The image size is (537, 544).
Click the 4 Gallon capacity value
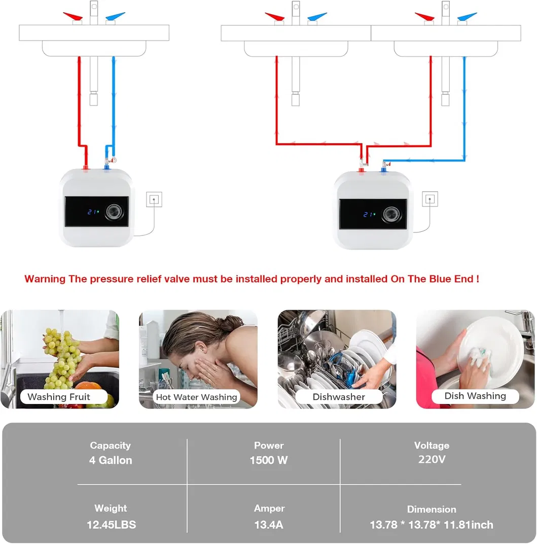(x=111, y=460)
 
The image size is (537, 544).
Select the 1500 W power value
(x=269, y=460)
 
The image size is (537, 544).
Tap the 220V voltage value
(x=432, y=459)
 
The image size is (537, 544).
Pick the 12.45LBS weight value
(x=111, y=524)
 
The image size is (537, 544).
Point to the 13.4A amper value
(x=269, y=524)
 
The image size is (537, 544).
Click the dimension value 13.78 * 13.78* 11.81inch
(x=431, y=524)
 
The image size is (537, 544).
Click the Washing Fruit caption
(x=59, y=397)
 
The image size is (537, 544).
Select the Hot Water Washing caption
(x=196, y=397)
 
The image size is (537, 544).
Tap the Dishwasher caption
(x=339, y=397)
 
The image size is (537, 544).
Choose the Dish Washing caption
(x=475, y=396)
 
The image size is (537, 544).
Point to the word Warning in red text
(x=45, y=279)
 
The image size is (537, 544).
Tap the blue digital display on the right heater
(x=369, y=214)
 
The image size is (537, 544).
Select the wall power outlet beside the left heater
(x=154, y=199)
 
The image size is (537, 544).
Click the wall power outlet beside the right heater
(x=430, y=199)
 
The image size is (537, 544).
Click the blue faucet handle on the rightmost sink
(x=468, y=16)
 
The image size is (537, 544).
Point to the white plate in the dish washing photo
(x=494, y=345)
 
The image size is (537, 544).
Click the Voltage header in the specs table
(x=432, y=445)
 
